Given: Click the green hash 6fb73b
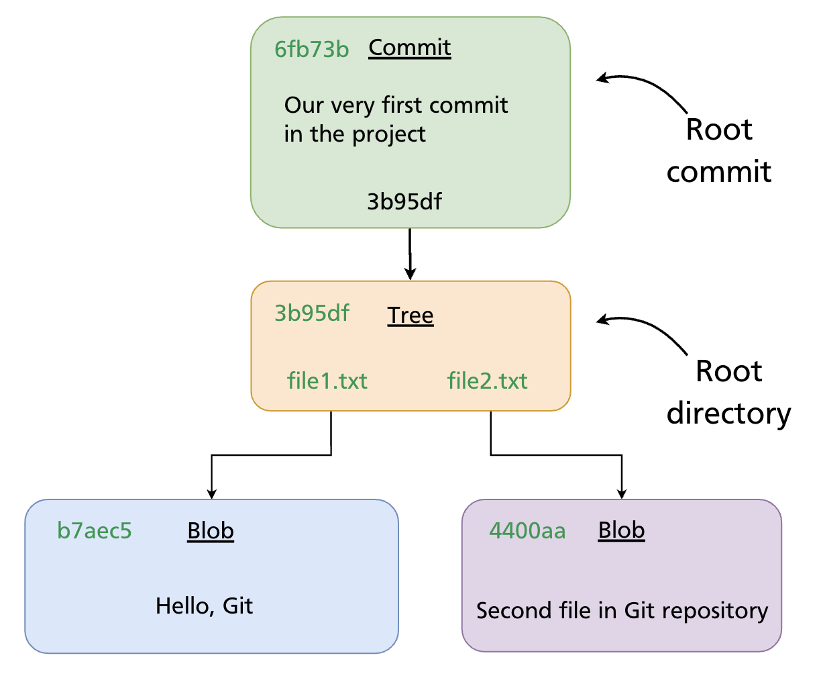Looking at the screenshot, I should pos(312,49).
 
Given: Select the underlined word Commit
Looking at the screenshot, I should pos(410,48).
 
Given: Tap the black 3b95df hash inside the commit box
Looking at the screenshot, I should pos(404,201).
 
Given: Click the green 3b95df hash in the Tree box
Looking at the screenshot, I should pos(312,314).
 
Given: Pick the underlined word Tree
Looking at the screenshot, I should pos(410,316).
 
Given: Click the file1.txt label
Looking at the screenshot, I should pos(327,381).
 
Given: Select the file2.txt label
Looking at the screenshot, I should pos(488,381).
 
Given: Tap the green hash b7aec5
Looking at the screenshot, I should pos(95,531).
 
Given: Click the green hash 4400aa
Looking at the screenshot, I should pos(527,531).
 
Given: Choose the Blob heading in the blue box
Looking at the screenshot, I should pos(211,531).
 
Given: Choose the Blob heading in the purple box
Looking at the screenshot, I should pos(621,530).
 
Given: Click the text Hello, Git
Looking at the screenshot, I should pos(205,606).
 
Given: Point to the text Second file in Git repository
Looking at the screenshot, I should pos(622,611).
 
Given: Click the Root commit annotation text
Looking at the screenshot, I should pos(719,151).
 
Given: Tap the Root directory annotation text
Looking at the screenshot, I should pos(729,393).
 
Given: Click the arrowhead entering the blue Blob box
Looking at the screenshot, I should pos(212,493).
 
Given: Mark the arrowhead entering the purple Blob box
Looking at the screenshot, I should pos(622,493).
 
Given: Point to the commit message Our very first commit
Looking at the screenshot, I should pos(396,105).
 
